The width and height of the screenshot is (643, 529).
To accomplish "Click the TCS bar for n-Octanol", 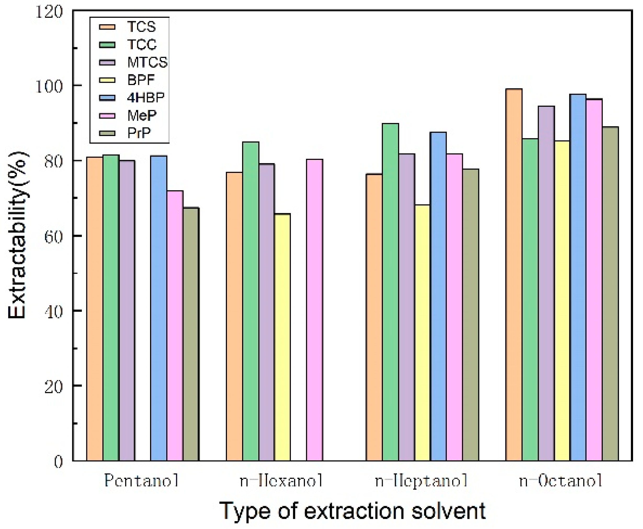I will click(x=514, y=274).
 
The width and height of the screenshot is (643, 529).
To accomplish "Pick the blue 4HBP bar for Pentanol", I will click(x=158, y=308).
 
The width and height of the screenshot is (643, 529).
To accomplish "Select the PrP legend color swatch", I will click(x=107, y=133).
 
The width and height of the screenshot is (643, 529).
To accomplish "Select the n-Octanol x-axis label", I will click(x=560, y=481).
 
